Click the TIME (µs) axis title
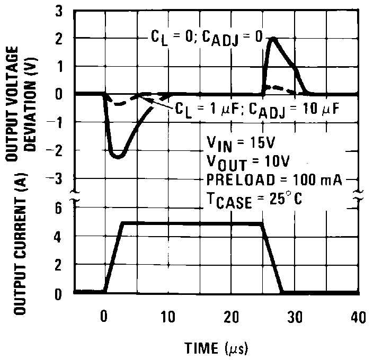(x=216, y=348)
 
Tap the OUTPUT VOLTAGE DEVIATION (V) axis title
(x=26, y=101)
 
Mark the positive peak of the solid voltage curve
(x=272, y=39)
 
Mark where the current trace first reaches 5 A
(x=123, y=223)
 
